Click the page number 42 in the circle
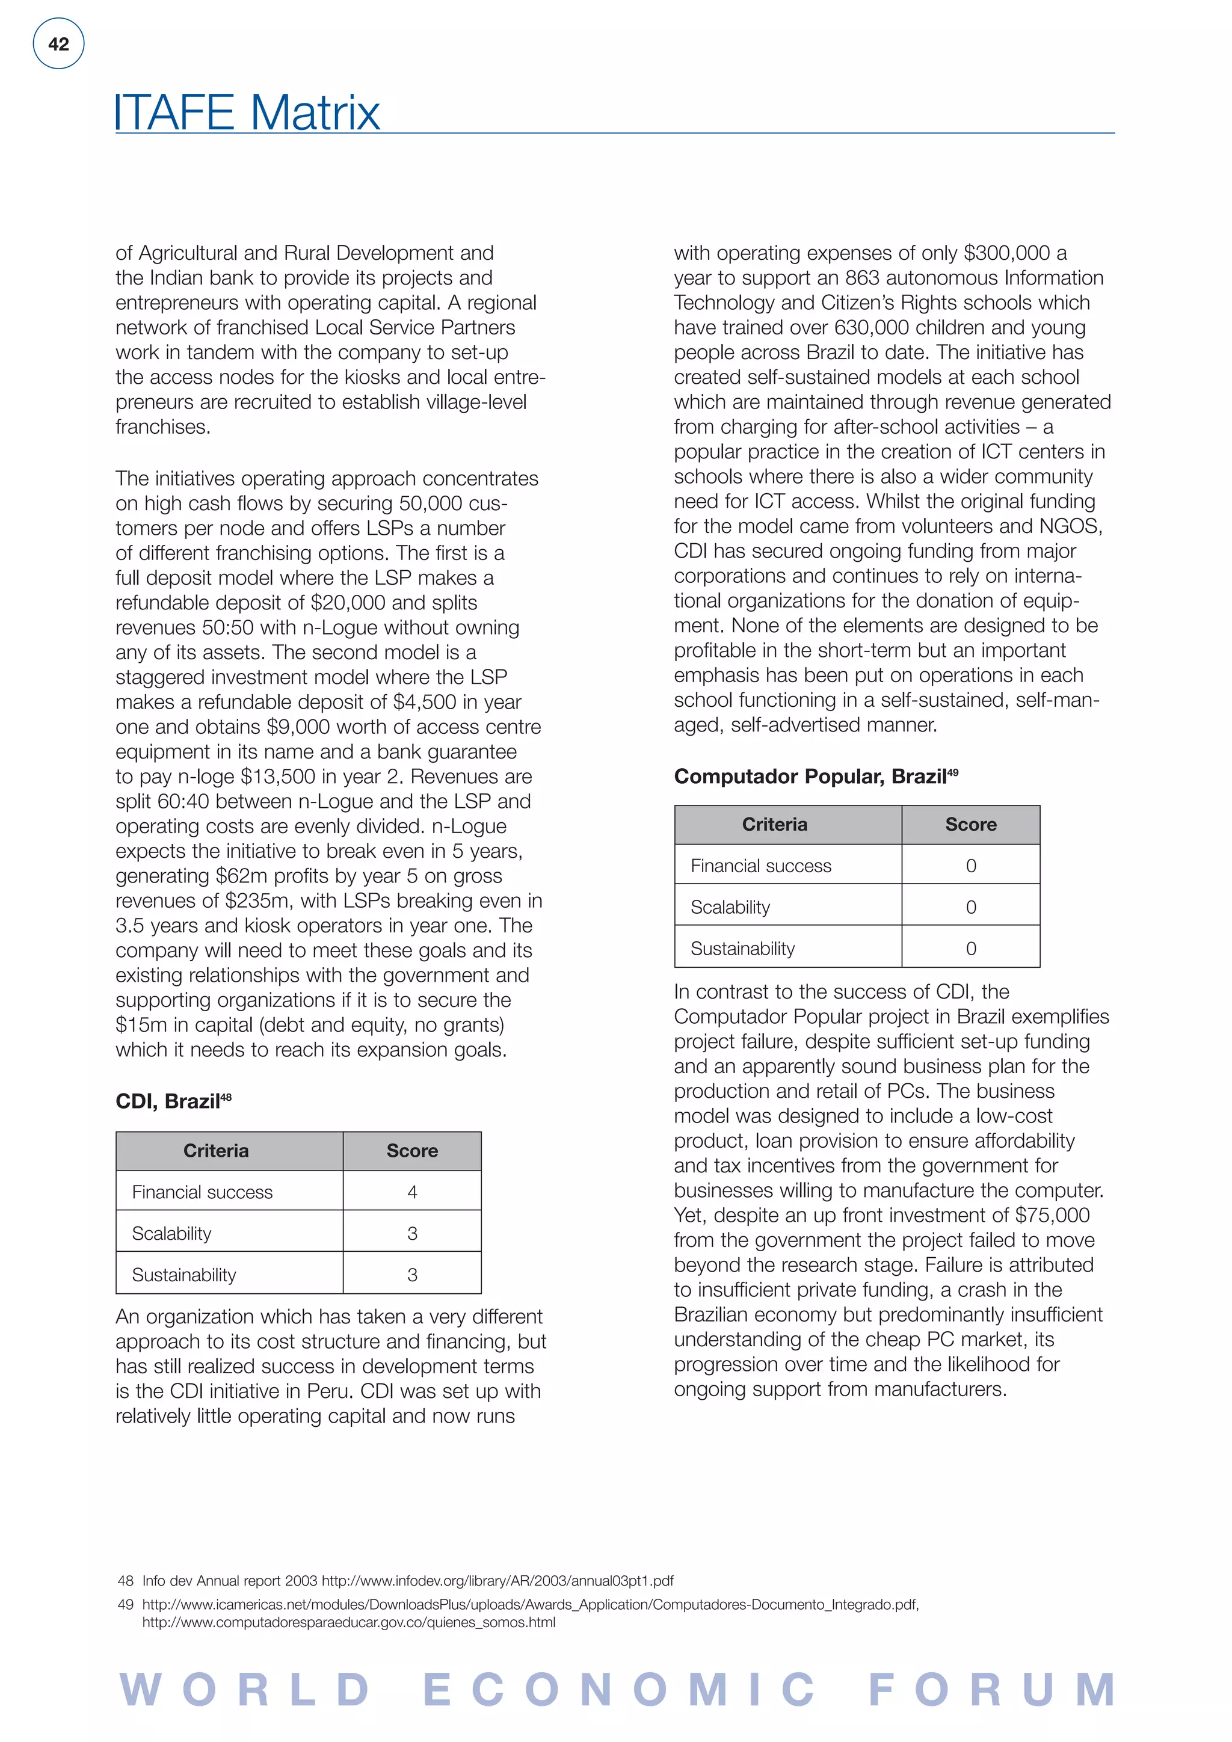[x=58, y=44]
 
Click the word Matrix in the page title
[x=314, y=113]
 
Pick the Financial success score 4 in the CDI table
[x=412, y=1192]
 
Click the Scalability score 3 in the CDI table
[x=412, y=1234]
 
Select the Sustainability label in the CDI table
[x=183, y=1275]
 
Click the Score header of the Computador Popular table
[x=970, y=825]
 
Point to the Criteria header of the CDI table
[x=215, y=1151]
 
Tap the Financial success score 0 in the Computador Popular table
[x=970, y=866]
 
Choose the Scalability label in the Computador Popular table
[x=730, y=908]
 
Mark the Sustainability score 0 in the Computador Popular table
[x=970, y=949]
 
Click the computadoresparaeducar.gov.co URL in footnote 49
[x=348, y=1623]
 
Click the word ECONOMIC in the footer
[x=618, y=1690]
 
